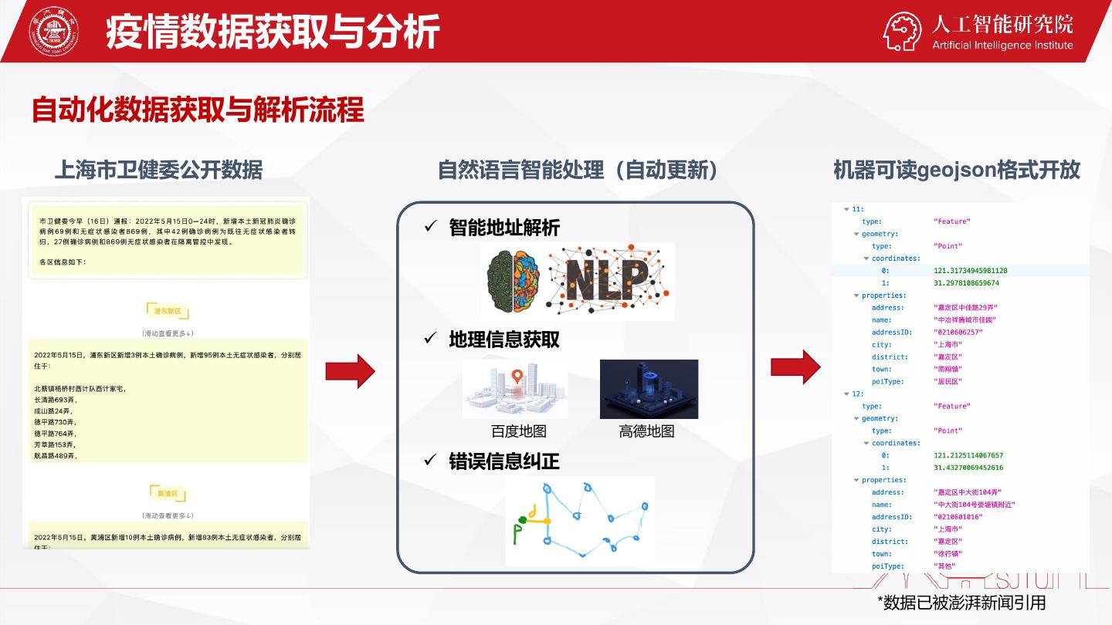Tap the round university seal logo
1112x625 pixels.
53,32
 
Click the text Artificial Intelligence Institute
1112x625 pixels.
1002,46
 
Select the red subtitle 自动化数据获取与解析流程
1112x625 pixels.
198,110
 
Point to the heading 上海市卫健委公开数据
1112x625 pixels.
158,170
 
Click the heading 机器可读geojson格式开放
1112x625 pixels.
956,170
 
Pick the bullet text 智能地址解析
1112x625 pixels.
504,228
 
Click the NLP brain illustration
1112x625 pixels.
578,281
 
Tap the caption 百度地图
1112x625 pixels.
518,431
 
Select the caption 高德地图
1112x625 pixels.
646,431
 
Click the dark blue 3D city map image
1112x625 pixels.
649,389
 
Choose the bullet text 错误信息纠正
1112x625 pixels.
504,461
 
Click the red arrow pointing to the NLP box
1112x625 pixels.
350,371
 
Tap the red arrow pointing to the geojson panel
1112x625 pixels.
796,367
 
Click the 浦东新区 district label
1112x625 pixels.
168,312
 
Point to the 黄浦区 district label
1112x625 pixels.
168,493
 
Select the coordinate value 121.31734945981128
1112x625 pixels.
970,271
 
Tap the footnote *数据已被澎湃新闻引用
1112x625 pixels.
961,602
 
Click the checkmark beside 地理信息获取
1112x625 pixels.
431,339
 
